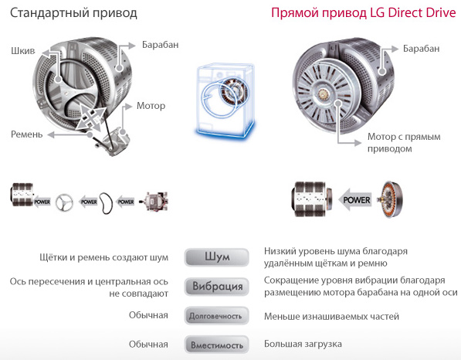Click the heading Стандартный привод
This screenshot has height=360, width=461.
[x=73, y=14]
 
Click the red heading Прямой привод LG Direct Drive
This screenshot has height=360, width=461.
[x=357, y=14]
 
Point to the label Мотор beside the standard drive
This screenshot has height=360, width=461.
[x=151, y=106]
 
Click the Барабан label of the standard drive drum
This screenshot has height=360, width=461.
[x=160, y=46]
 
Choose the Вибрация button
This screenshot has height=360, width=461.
[x=217, y=287]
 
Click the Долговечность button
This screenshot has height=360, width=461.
[x=217, y=315]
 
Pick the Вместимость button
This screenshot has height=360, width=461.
[x=217, y=344]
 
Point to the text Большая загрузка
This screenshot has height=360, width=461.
[x=303, y=344]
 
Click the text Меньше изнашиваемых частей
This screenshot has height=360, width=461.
[x=331, y=315]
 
